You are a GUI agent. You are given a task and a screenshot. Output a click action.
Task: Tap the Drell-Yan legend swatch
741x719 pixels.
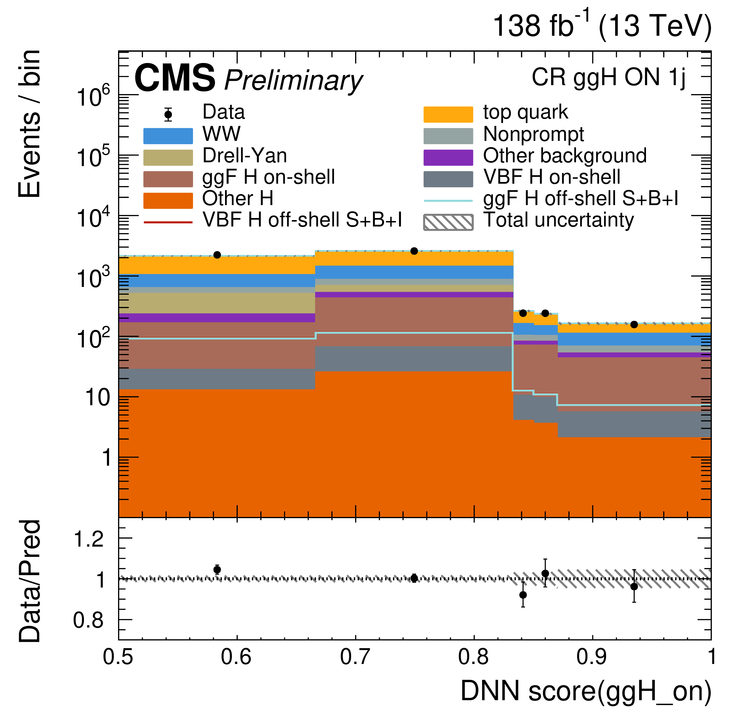pos(168,158)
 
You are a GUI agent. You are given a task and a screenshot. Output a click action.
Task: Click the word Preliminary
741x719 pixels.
pos(293,80)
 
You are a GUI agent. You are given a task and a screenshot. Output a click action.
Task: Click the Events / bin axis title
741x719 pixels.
pos(29,124)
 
